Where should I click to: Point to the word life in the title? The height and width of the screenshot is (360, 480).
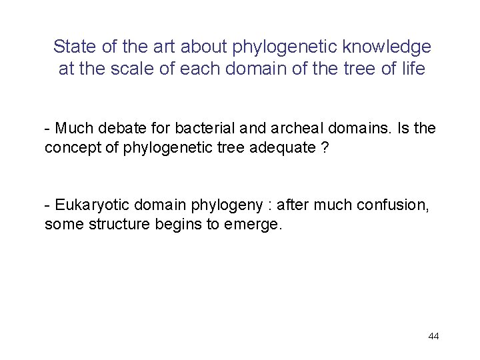tap(411, 69)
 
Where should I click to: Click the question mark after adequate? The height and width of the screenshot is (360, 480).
tap(325, 147)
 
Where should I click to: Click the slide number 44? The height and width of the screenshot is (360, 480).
tap(433, 336)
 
